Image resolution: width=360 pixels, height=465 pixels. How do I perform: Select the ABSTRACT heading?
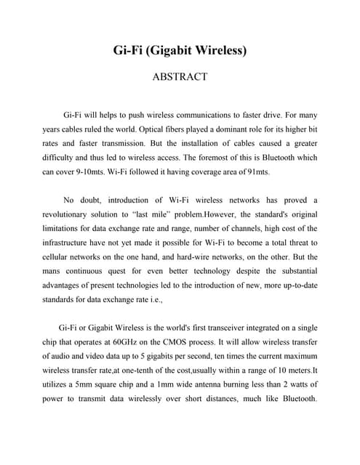(x=180, y=76)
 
